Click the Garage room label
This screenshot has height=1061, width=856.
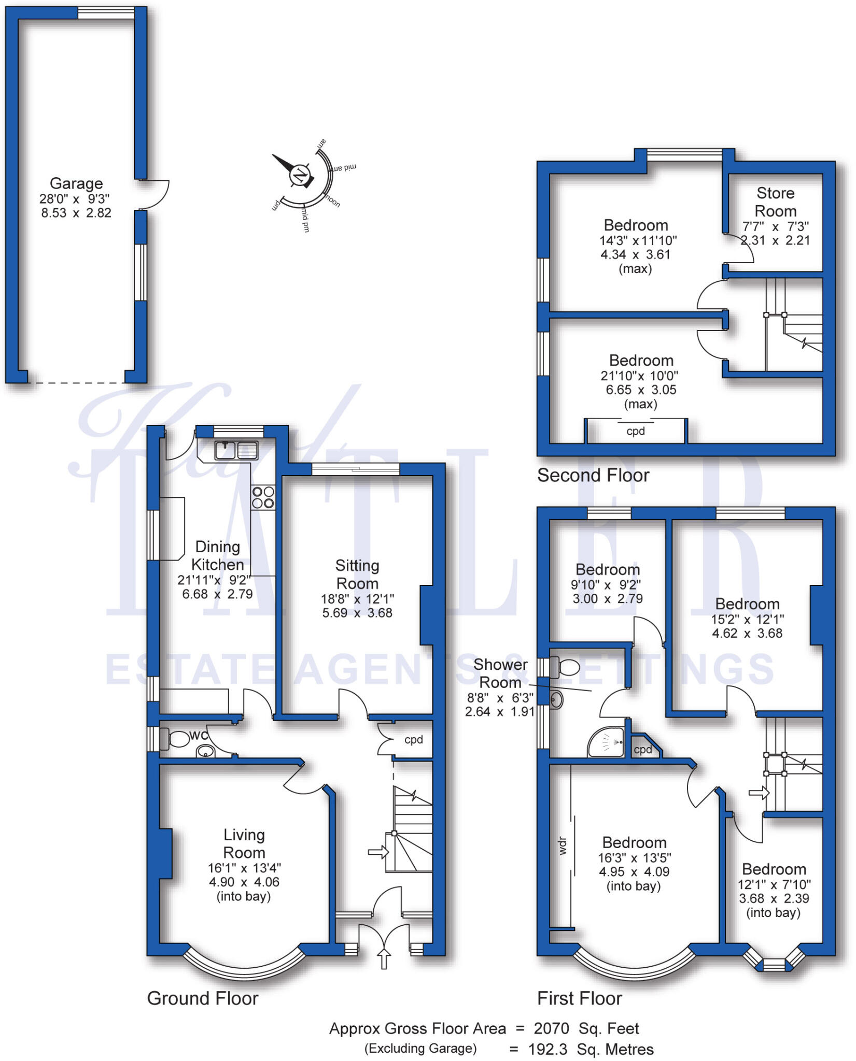[x=76, y=183]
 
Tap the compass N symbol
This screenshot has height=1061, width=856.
[x=300, y=176]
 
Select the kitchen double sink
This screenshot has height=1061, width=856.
[x=236, y=450]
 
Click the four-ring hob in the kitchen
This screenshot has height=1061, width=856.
[x=263, y=497]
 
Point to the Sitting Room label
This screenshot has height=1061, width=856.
[x=357, y=574]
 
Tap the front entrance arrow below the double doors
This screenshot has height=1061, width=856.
[x=384, y=958]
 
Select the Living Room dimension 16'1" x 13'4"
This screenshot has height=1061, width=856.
[x=244, y=868]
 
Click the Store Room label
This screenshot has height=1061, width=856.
[x=775, y=202]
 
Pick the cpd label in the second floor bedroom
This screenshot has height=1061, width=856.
[x=636, y=431]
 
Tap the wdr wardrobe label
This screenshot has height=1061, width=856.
[x=563, y=845]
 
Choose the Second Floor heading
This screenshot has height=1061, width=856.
[x=593, y=475]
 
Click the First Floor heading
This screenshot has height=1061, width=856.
[x=579, y=998]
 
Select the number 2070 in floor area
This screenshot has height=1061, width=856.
[x=551, y=1028]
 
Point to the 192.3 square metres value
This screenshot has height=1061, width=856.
[x=548, y=1050]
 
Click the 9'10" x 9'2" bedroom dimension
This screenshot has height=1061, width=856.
[x=606, y=584]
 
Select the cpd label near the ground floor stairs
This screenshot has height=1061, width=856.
[x=413, y=740]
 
